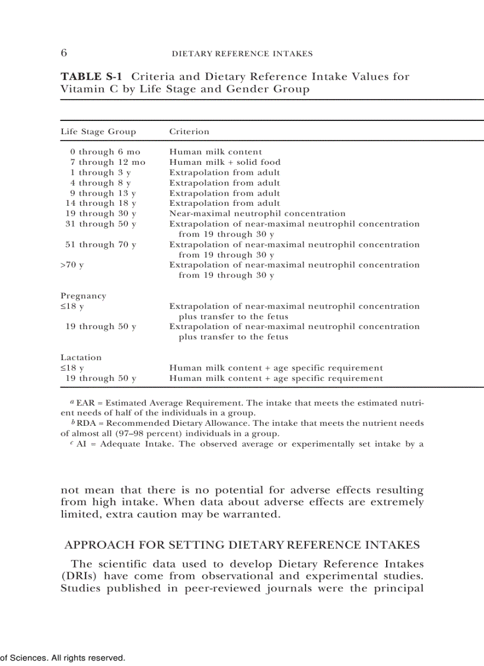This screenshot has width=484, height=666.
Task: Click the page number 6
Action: pyautogui.click(x=63, y=53)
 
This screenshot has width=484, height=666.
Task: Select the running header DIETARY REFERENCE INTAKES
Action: pyautogui.click(x=241, y=54)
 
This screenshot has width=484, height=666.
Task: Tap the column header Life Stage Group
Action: pyautogui.click(x=98, y=132)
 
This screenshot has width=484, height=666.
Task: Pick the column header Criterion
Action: pyautogui.click(x=189, y=132)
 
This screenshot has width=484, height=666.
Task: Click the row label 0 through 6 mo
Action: pyautogui.click(x=105, y=152)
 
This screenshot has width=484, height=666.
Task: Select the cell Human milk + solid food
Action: pyautogui.click(x=225, y=162)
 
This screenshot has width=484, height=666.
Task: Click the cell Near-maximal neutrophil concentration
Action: pyautogui.click(x=257, y=213)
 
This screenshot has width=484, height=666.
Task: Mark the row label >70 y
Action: pyautogui.click(x=72, y=265)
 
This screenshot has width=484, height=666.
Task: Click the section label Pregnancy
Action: pyautogui.click(x=83, y=296)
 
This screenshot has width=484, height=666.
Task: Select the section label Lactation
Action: pyautogui.click(x=81, y=358)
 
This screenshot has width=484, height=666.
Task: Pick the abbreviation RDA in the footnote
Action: pyautogui.click(x=86, y=423)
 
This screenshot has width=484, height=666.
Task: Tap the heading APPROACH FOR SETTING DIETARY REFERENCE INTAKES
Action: pyautogui.click(x=242, y=545)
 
